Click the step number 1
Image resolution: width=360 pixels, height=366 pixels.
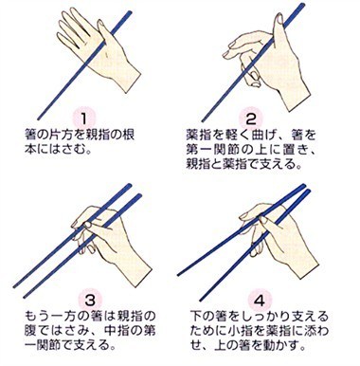(x=83, y=119)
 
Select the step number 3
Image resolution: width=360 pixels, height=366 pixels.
(x=90, y=300)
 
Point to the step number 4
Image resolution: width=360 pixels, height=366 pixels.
(x=260, y=300)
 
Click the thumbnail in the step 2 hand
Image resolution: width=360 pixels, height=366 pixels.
(x=279, y=19)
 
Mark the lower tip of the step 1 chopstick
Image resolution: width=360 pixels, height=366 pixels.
(x=39, y=119)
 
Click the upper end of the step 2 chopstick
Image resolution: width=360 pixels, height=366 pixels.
(x=302, y=5)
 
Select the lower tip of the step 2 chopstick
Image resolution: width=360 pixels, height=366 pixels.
(x=203, y=121)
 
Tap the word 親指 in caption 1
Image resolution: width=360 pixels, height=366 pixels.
(x=97, y=135)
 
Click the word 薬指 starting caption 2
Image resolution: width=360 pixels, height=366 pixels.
(x=197, y=135)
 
